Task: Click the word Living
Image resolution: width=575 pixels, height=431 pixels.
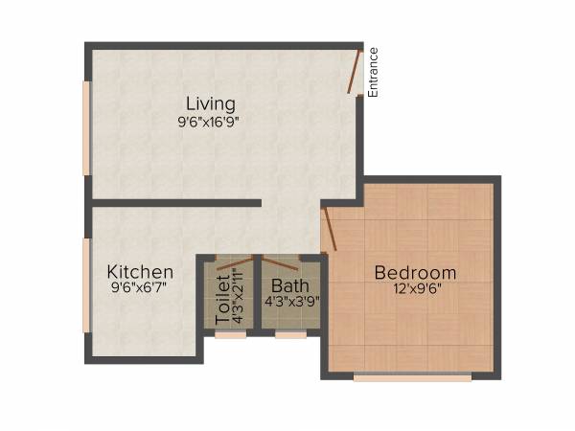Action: pos(211,103)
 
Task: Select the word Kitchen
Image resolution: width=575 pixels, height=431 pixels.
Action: pos(140,272)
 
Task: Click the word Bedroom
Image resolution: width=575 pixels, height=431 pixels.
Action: pos(415,272)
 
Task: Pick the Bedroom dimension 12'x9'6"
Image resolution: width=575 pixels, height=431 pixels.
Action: pos(415,288)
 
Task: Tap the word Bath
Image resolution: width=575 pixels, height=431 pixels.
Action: pos(289,285)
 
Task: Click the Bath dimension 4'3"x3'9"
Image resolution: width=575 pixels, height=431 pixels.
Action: pos(291,301)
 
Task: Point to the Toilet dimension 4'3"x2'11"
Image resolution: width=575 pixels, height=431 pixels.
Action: pos(239,297)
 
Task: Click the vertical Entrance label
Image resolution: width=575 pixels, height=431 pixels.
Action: pos(374,73)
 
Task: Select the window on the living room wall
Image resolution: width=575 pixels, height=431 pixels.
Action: pos(87,128)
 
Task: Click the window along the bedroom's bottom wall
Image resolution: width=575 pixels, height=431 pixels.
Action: pos(412,377)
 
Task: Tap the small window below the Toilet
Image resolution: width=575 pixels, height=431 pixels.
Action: pos(229,335)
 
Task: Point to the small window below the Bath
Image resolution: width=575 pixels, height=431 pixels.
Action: pos(290,335)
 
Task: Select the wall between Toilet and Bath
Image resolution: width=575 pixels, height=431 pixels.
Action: pos(258,293)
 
